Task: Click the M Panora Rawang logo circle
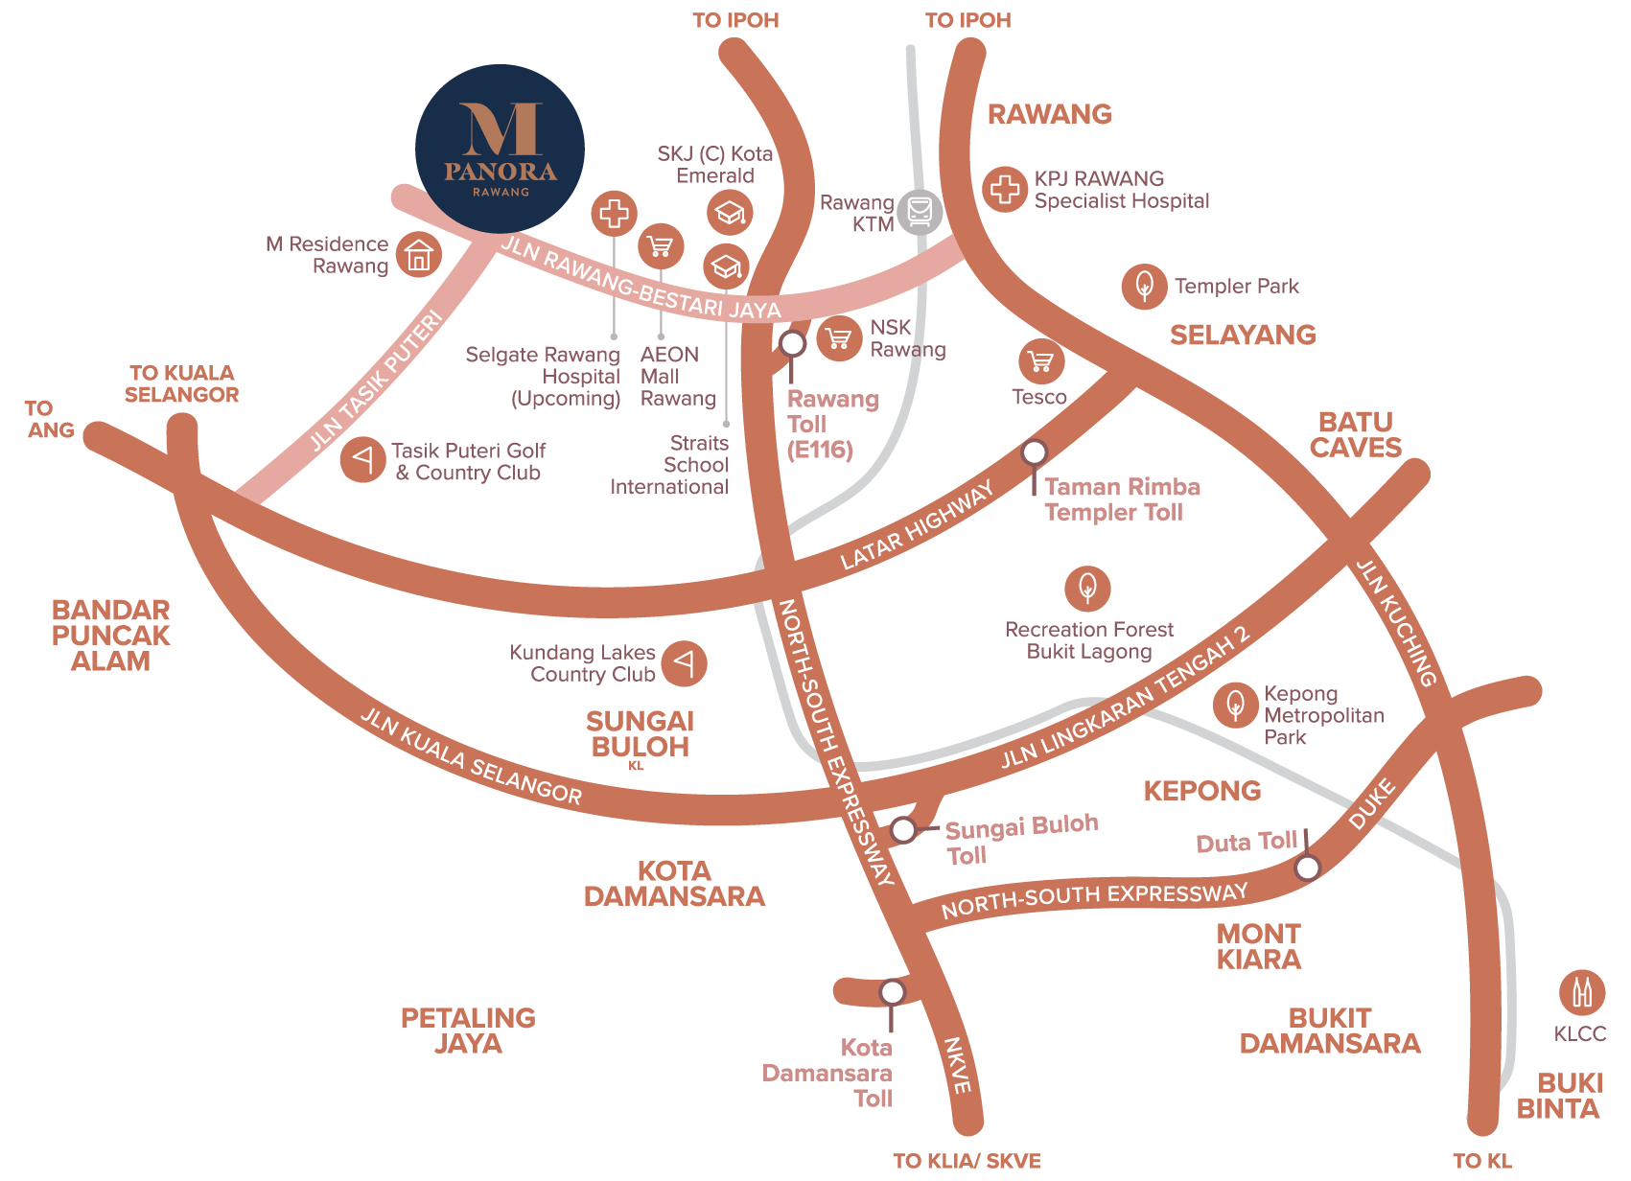click(x=500, y=149)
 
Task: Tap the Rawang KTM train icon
click(x=920, y=211)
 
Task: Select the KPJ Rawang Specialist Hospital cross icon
click(x=1005, y=189)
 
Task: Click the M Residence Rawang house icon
click(x=419, y=255)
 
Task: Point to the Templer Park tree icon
click(x=1144, y=286)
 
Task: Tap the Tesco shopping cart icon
click(x=1040, y=362)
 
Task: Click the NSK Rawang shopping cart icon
click(x=839, y=338)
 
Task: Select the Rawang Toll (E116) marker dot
click(x=792, y=343)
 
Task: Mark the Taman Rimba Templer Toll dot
click(x=1034, y=452)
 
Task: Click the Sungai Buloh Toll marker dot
click(x=903, y=830)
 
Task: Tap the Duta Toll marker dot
click(x=1307, y=868)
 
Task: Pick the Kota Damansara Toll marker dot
click(x=892, y=991)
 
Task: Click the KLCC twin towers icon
click(x=1581, y=992)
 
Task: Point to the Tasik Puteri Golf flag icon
click(x=363, y=459)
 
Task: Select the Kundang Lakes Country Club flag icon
click(x=684, y=662)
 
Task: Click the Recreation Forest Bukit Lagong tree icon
click(x=1087, y=588)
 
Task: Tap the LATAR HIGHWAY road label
click(x=917, y=526)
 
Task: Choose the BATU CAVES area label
click(x=1355, y=434)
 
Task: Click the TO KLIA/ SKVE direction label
click(x=966, y=1161)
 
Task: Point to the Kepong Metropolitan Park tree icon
click(x=1235, y=706)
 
